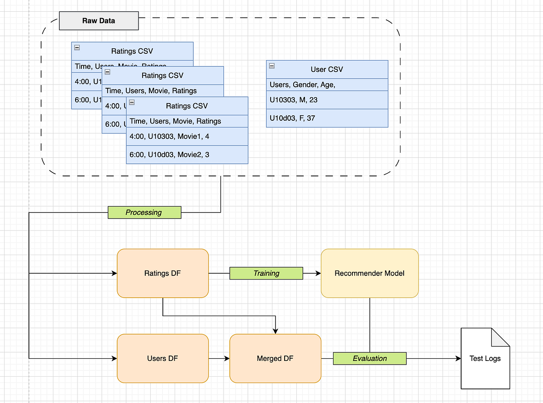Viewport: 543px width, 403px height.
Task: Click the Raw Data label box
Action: click(99, 21)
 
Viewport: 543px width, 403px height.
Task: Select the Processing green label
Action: click(144, 212)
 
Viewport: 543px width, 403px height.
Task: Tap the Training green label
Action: click(266, 273)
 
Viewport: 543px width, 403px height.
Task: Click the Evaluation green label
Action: click(370, 358)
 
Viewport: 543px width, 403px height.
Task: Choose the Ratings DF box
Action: click(162, 273)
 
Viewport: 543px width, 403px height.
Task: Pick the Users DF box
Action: click(162, 358)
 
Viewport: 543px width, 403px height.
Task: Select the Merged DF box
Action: click(275, 358)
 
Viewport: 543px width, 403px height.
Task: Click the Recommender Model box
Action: click(369, 273)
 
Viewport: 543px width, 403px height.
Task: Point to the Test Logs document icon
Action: click(485, 358)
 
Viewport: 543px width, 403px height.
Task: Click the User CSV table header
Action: click(327, 70)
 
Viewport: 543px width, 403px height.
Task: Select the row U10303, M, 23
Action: click(327, 100)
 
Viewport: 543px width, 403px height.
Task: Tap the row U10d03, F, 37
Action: click(327, 118)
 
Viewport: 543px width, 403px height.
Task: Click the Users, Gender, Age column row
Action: click(327, 85)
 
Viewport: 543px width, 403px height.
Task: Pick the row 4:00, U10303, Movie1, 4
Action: click(187, 136)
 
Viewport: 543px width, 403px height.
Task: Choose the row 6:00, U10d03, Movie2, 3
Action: click(187, 154)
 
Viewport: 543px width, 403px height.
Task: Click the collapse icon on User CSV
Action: click(271, 66)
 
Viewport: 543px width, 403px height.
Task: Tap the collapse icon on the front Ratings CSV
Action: click(132, 102)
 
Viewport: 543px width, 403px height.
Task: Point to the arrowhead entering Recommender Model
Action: click(318, 273)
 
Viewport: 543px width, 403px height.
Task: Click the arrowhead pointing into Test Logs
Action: click(458, 358)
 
